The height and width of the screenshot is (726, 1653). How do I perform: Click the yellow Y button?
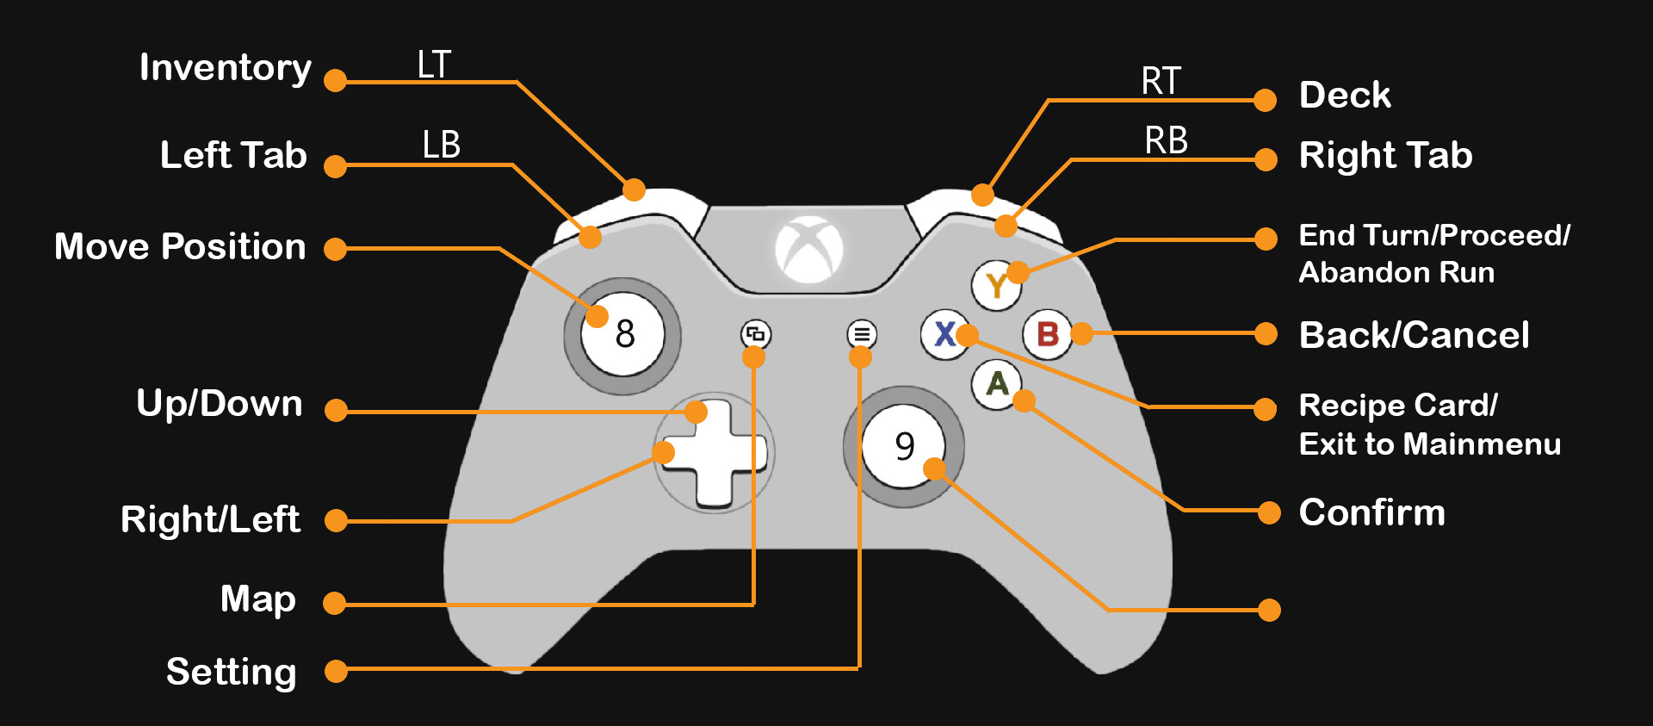pos(996,284)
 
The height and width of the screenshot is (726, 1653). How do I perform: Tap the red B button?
pos(1047,334)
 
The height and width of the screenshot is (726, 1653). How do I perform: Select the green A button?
pos(997,384)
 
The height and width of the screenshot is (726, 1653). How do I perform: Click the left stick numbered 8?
pos(622,334)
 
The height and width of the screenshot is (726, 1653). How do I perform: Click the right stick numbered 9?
pos(904,446)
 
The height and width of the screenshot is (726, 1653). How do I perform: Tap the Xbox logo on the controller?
pos(809,250)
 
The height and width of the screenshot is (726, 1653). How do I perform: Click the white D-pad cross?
pos(714,453)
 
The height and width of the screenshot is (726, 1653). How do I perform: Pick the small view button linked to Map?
pos(756,334)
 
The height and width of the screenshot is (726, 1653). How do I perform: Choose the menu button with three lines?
pos(862,334)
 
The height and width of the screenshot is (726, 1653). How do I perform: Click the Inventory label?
pos(226,68)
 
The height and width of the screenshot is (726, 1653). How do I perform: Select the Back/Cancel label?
pos(1414,335)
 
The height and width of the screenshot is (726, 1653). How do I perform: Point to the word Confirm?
pos(1372,512)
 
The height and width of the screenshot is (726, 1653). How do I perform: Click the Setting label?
pos(232,673)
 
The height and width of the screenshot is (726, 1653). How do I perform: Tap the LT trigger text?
pos(434,65)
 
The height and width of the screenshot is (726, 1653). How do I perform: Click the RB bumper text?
pos(1167,140)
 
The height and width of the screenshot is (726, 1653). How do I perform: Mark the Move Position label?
pos(180,246)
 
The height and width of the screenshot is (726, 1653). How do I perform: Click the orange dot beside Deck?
pos(1265,101)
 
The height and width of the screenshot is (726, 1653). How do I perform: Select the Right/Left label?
pos(211,519)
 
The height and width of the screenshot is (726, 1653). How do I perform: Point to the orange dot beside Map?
pos(335,604)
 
